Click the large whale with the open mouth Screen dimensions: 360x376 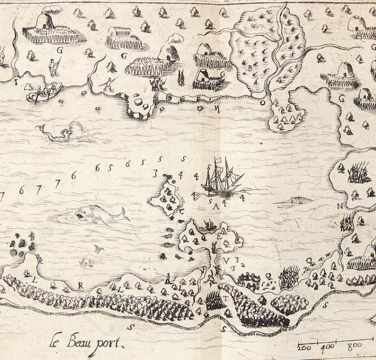tap(100, 214)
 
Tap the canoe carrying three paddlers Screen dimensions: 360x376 tap(44, 92)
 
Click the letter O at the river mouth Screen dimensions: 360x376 tap(262, 103)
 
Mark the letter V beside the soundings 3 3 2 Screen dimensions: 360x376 tap(226, 260)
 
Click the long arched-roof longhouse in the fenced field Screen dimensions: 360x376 tap(120, 32)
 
